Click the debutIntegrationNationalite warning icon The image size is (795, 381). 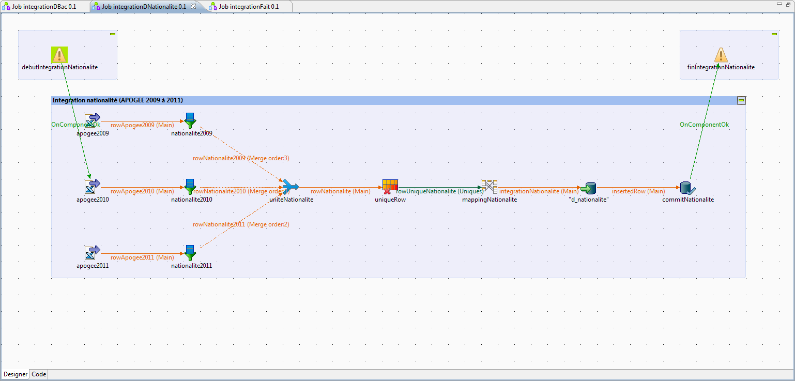click(60, 55)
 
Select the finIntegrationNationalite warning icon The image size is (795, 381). click(721, 55)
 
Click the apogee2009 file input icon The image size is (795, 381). click(92, 121)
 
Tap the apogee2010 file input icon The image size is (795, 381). click(92, 187)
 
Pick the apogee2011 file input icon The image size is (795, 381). click(92, 253)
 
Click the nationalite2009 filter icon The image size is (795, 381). click(191, 121)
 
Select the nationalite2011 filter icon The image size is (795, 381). click(191, 253)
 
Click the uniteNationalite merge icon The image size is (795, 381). click(291, 187)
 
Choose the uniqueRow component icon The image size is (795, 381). click(390, 187)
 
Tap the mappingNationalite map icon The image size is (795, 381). click(489, 187)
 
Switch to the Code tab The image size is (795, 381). click(39, 374)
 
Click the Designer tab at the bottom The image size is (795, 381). click(16, 374)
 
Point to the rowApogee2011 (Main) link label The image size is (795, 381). click(142, 257)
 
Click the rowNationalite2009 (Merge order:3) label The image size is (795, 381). click(241, 158)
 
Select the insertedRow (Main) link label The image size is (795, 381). click(638, 191)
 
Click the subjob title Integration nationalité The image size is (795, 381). click(118, 100)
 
